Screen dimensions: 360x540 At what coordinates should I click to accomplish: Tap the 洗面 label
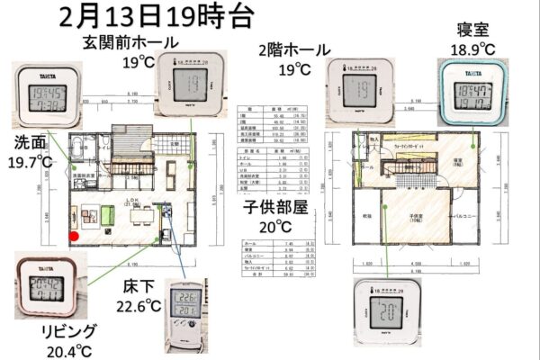click(26, 142)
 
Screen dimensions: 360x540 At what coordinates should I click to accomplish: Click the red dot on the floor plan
click(75, 236)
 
